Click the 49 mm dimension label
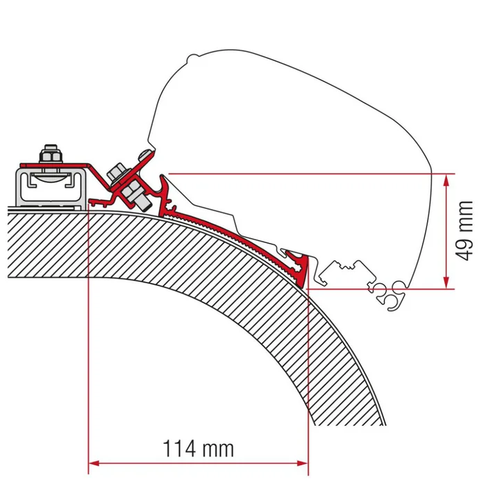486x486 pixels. (464, 229)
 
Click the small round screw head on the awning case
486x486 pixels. (144, 153)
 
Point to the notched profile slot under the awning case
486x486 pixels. (344, 267)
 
